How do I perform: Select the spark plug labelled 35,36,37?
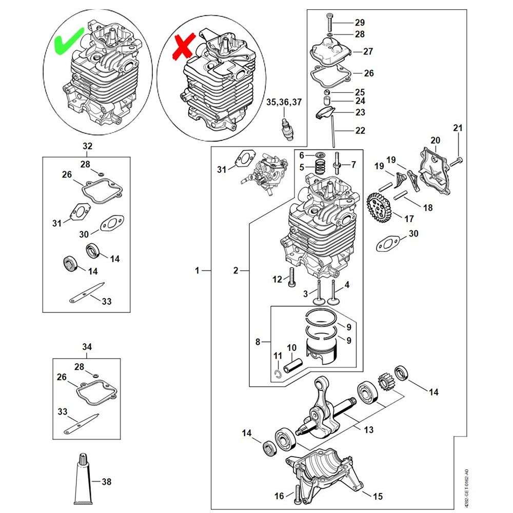[288, 128]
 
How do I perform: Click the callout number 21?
[458, 128]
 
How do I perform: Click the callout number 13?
[368, 430]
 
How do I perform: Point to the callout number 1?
[197, 270]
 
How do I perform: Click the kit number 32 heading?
[87, 146]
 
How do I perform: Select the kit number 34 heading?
[87, 347]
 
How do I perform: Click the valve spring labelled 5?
[322, 166]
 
